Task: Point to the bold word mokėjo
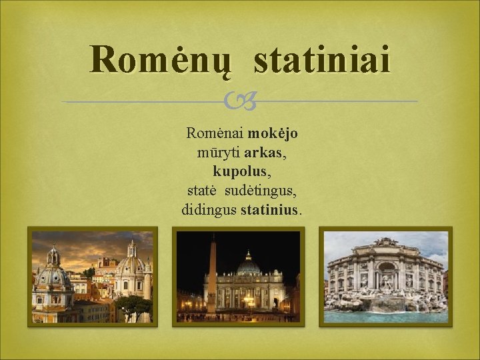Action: coord(273,133)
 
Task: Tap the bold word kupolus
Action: coord(241,171)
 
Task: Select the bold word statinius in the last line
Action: coord(270,210)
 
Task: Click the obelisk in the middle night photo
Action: coord(212,273)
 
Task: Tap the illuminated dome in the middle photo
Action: coord(248,265)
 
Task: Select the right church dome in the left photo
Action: coord(132,264)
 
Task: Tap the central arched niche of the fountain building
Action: coord(385,273)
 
